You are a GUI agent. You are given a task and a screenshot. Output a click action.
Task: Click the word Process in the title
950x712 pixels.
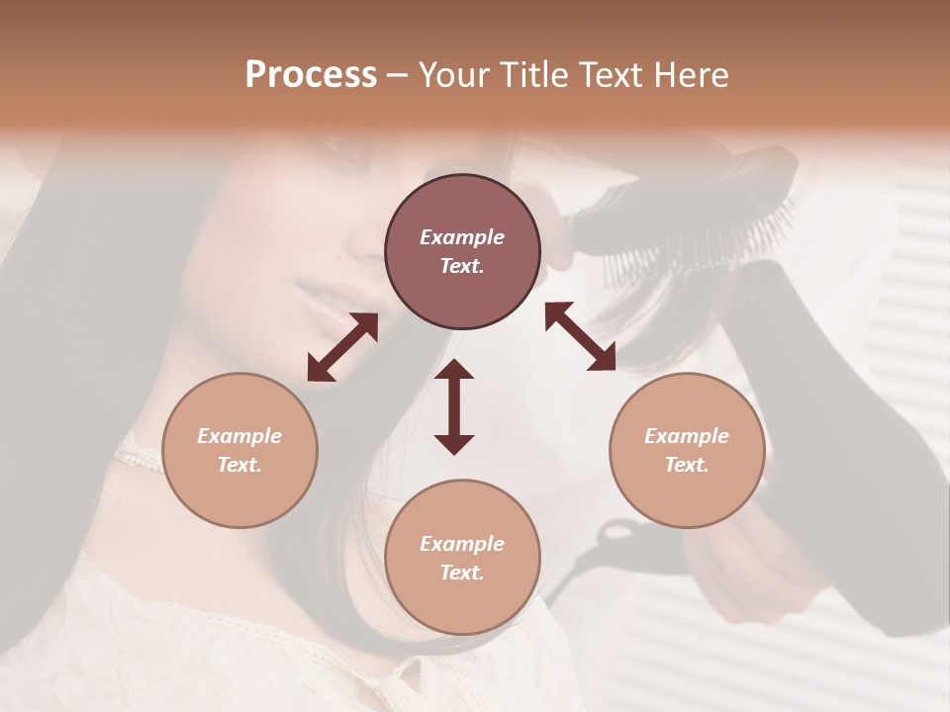(311, 75)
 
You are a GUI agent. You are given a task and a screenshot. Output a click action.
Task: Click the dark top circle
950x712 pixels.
(462, 251)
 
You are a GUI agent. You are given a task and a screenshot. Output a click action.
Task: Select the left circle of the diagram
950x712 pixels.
(239, 450)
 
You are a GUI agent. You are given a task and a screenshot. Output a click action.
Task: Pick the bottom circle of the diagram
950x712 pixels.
(462, 558)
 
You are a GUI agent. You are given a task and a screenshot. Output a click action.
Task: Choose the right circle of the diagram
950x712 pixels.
(687, 450)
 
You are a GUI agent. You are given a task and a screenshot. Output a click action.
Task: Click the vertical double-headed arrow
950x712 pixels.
(454, 406)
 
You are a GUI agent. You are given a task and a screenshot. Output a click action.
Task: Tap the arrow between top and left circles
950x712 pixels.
(342, 347)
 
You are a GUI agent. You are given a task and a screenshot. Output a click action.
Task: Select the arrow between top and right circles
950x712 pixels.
(581, 336)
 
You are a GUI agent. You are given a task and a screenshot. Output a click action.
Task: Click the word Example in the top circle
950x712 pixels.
(462, 237)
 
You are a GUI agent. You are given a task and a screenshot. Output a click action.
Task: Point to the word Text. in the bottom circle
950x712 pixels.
(462, 573)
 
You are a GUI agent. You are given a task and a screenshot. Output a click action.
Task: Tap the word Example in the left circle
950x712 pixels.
(239, 436)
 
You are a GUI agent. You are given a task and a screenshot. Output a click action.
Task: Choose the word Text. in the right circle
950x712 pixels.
(687, 465)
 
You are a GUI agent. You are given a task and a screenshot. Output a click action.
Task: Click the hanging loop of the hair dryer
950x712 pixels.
(604, 544)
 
